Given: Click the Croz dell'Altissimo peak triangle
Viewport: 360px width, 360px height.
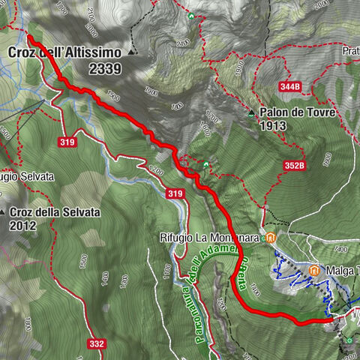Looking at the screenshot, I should (133, 52).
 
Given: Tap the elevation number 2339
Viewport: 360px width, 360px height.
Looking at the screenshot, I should (106, 67).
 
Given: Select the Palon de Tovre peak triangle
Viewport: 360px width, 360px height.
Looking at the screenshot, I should (251, 113).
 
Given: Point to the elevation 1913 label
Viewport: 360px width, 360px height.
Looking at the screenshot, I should (274, 126).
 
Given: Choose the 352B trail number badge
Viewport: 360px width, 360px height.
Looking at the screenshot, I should (295, 165).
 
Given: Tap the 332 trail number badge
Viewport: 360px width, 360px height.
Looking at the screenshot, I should (96, 343).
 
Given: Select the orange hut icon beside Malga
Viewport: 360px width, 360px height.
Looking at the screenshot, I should (315, 269).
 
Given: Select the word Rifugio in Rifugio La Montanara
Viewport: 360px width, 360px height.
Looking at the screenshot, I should (176, 238).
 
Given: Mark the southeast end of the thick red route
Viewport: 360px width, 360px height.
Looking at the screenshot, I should (331, 320).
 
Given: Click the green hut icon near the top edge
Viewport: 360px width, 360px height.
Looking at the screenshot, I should (192, 16).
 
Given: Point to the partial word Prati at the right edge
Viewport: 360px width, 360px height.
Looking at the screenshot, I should (350, 51).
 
